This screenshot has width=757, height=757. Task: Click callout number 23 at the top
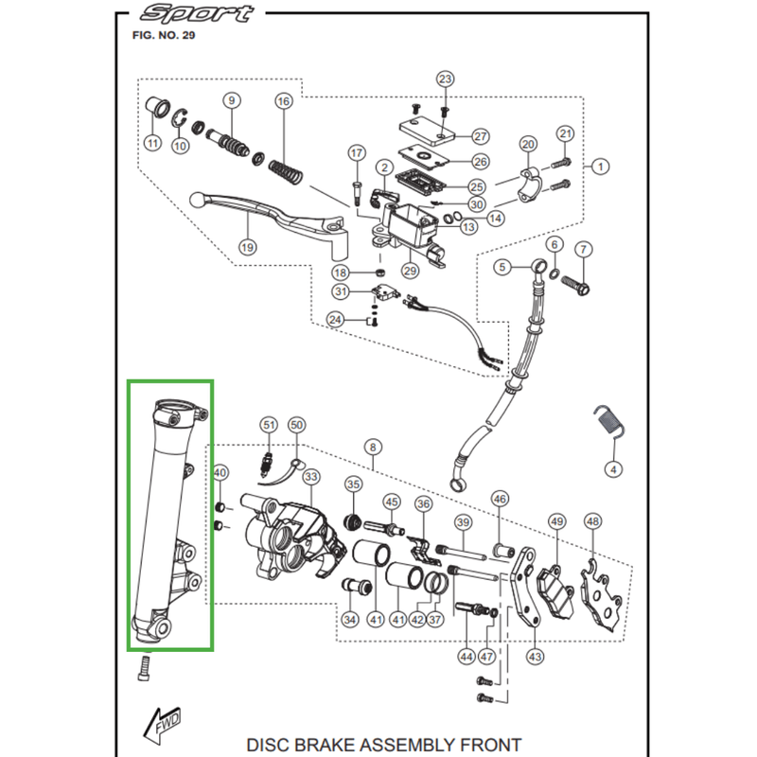(446, 79)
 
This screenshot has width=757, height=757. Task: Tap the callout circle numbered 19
(247, 247)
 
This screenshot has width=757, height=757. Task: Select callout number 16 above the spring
(282, 101)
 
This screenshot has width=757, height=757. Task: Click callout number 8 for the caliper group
(373, 446)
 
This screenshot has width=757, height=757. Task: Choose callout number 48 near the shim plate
(593, 521)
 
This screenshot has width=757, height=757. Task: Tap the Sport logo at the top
(196, 14)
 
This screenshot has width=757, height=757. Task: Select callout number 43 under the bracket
(535, 656)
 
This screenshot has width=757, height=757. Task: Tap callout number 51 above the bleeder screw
(268, 425)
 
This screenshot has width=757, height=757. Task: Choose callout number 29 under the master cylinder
(410, 271)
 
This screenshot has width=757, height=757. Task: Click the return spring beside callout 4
(606, 423)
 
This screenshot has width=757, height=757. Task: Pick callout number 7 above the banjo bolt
(583, 250)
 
